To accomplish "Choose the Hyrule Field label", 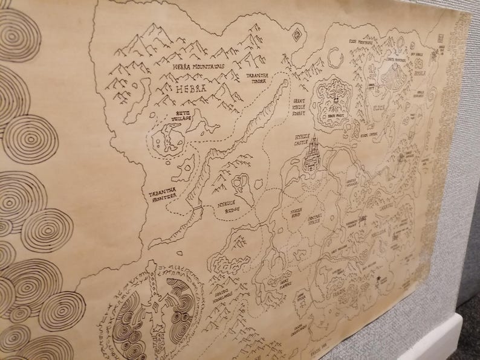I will pyautogui.click(x=293, y=211).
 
